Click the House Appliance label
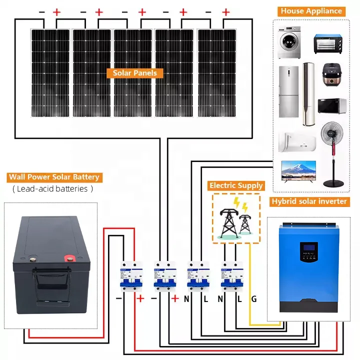311,10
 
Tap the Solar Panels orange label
134,73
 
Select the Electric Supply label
236,185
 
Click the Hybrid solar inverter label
308,201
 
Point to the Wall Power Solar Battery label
54,177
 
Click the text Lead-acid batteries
52,189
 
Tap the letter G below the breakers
254,299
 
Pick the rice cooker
329,75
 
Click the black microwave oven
332,106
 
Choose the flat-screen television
298,169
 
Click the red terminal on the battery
67,258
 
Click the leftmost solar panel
50,72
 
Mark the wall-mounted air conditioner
296,141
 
